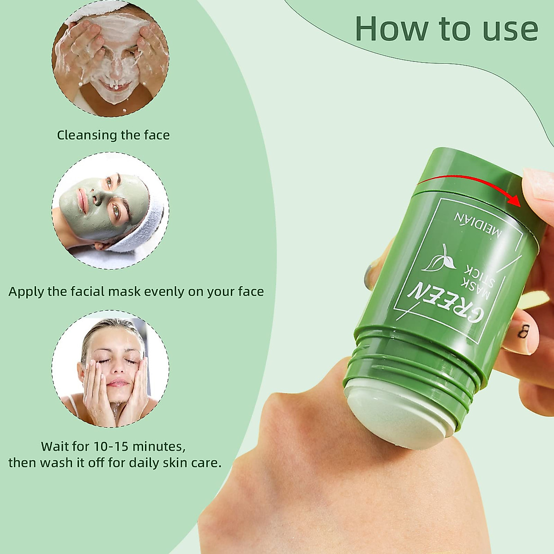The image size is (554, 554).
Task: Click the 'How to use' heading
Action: (x=446, y=29)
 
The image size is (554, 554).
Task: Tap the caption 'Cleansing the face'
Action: (x=113, y=135)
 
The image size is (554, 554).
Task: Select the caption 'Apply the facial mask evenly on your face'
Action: (x=136, y=292)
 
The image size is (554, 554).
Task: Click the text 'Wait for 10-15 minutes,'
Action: (x=113, y=446)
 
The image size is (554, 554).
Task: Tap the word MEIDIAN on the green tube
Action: (x=478, y=226)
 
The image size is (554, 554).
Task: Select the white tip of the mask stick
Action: (x=388, y=420)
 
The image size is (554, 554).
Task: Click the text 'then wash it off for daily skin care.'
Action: (x=115, y=463)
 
